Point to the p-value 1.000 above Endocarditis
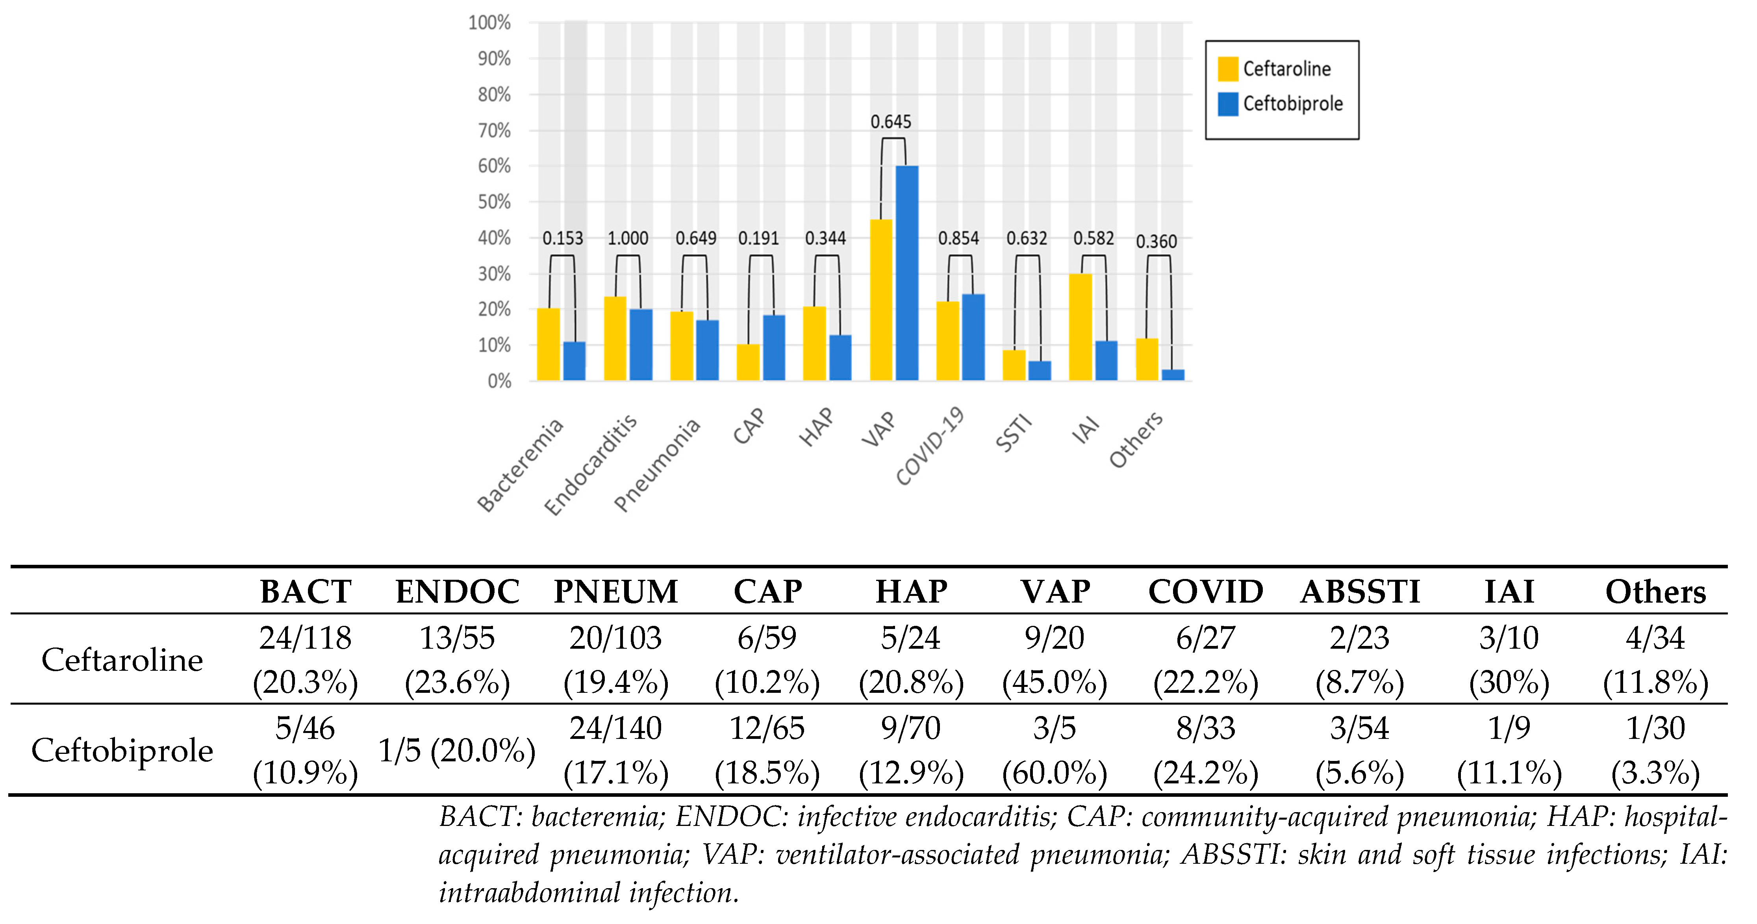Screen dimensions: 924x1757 (x=628, y=238)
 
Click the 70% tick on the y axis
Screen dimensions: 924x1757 (x=494, y=130)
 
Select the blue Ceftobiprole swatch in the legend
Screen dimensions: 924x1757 (x=1228, y=104)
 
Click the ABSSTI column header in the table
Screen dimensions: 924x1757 (x=1359, y=592)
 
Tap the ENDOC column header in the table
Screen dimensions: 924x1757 (x=458, y=592)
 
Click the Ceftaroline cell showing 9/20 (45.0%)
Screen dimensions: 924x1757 (x=1055, y=659)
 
